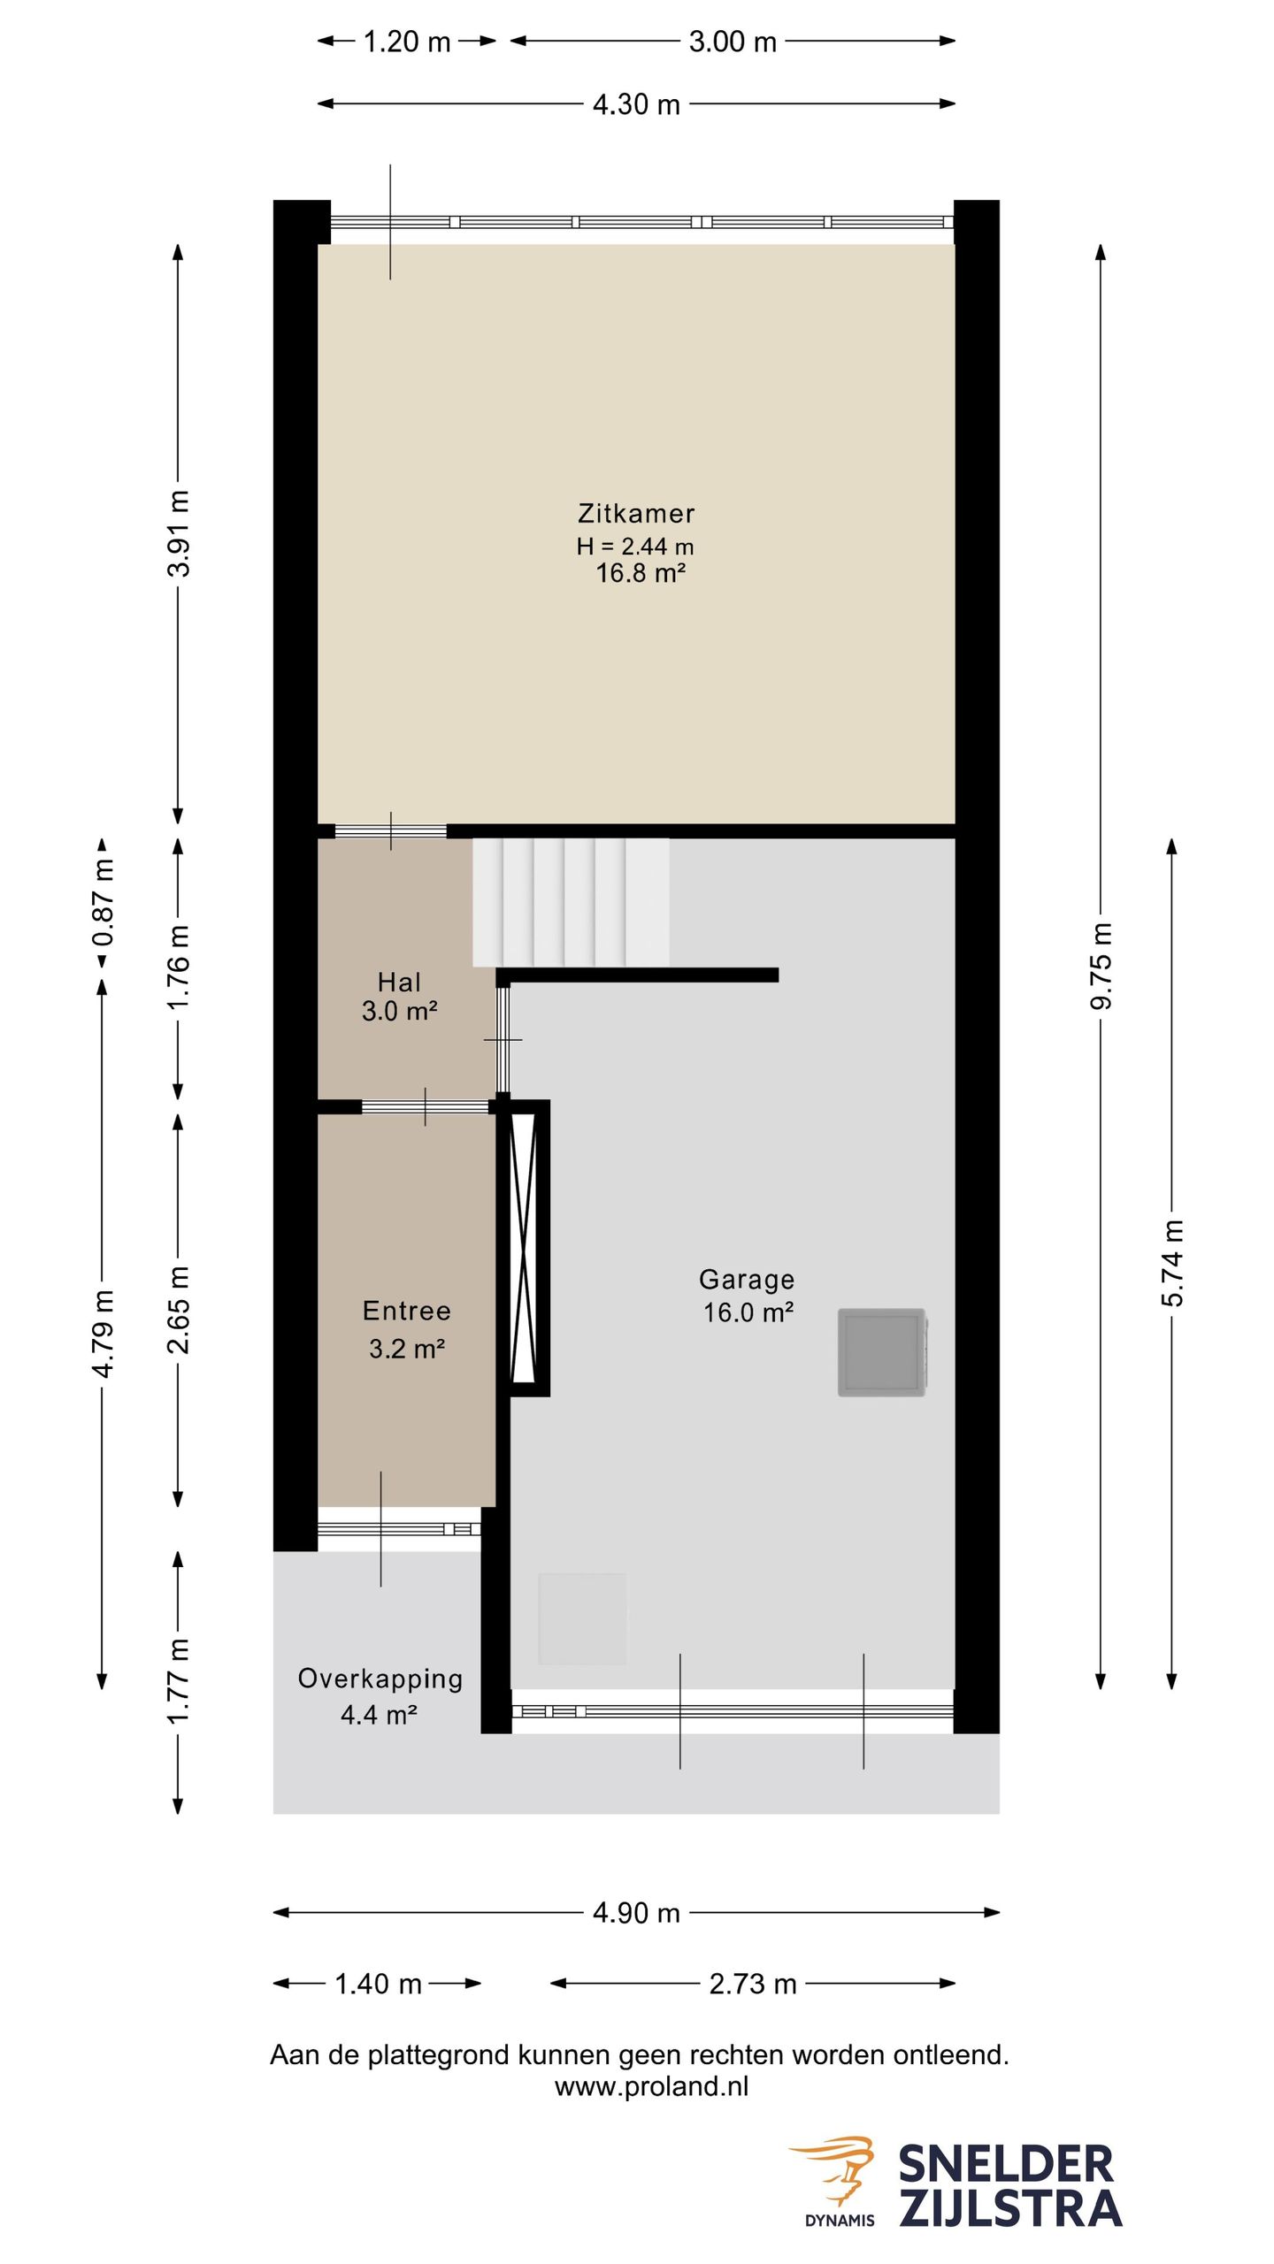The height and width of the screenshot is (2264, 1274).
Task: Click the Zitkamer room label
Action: [x=636, y=513]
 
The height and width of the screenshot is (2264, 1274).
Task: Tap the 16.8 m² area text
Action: [x=641, y=573]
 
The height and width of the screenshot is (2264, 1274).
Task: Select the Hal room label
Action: [x=399, y=982]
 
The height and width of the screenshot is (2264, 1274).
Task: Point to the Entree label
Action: [x=407, y=1311]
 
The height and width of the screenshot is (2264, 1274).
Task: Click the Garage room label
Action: [x=747, y=1280]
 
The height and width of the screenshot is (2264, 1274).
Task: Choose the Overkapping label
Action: [x=380, y=1679]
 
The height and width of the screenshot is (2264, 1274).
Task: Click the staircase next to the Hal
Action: [x=571, y=902]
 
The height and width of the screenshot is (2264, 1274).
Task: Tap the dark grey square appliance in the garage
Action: [x=882, y=1352]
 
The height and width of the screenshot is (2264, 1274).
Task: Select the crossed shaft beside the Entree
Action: [x=524, y=1248]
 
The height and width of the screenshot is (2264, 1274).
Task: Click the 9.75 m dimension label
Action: [x=1101, y=966]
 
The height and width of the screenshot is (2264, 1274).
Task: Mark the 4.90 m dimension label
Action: [x=636, y=1913]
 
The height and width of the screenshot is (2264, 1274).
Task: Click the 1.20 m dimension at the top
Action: [x=407, y=42]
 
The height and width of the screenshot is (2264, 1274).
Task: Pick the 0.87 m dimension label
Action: [x=104, y=903]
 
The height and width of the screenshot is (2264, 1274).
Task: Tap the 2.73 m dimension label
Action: [x=753, y=1984]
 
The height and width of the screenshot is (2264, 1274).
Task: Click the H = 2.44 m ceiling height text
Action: [x=635, y=547]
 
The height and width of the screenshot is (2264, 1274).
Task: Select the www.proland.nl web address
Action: [x=651, y=2086]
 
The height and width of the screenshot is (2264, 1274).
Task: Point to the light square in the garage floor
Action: [x=582, y=1618]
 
